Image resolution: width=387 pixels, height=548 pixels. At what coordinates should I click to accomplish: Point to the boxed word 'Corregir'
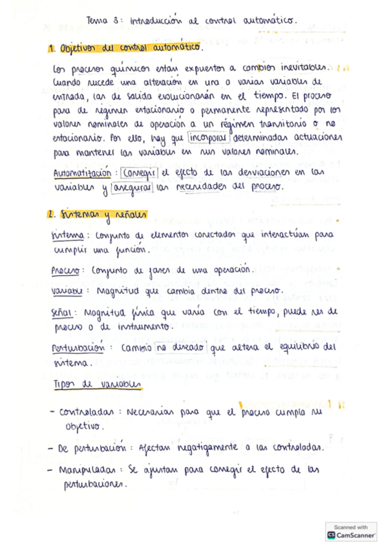(139, 173)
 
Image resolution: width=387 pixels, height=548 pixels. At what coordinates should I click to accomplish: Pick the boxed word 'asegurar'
(132, 187)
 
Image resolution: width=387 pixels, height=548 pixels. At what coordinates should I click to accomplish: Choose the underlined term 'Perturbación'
(78, 348)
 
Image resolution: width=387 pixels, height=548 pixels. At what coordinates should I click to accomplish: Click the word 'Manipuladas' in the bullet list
(86, 469)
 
